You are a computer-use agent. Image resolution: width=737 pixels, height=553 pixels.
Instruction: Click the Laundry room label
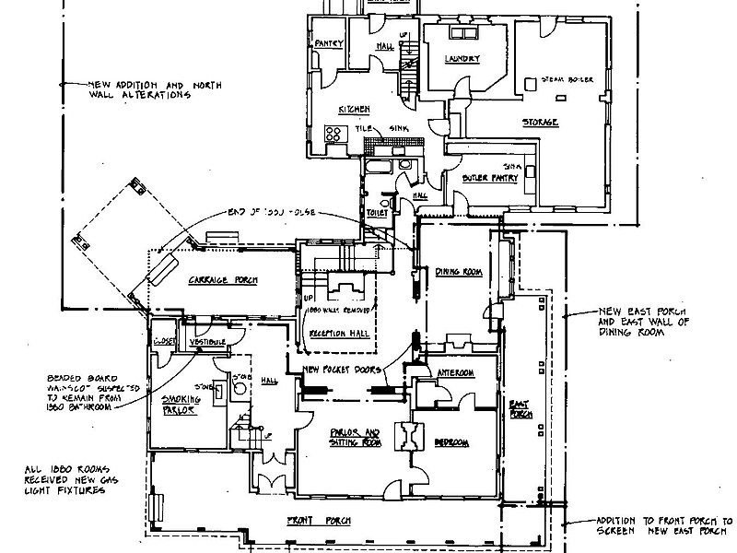(x=462, y=60)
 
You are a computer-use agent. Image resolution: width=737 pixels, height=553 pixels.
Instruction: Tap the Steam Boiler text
(x=568, y=80)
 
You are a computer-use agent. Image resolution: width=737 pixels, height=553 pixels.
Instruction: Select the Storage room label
(x=541, y=122)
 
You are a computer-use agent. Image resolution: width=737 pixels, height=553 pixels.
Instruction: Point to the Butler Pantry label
(x=486, y=175)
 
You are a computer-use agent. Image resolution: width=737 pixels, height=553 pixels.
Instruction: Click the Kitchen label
(x=354, y=110)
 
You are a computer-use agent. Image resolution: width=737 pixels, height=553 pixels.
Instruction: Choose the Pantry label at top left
(x=329, y=43)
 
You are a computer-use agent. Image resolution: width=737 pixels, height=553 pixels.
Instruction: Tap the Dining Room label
(x=460, y=272)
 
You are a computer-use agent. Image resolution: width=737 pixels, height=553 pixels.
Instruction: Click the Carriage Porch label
(x=223, y=279)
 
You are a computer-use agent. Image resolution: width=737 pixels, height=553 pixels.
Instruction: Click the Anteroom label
(x=455, y=372)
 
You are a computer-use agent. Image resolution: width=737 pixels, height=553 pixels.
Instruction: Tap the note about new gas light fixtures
(x=64, y=484)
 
